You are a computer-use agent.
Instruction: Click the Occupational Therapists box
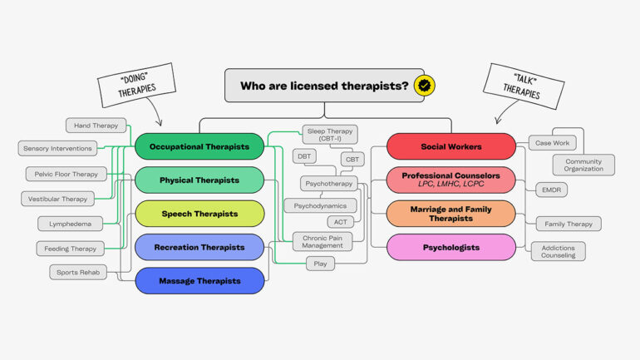tap(199, 146)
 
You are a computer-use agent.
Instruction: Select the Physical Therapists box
tap(199, 180)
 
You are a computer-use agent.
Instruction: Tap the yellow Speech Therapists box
tap(199, 214)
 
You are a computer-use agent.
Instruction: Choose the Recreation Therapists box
tap(199, 247)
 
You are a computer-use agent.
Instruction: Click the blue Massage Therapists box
tap(199, 281)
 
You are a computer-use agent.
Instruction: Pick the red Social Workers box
tap(451, 146)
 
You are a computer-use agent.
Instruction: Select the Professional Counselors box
tap(451, 180)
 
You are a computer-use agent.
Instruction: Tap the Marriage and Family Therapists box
tap(451, 214)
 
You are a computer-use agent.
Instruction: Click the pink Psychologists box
tap(451, 247)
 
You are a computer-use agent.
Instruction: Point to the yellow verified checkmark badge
tap(426, 85)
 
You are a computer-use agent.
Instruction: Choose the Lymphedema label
tap(70, 224)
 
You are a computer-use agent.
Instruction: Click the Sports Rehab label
tap(78, 272)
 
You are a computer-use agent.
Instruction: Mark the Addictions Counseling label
tap(559, 251)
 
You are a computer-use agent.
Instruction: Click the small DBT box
tap(304, 155)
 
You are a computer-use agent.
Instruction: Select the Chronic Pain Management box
tap(322, 241)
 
